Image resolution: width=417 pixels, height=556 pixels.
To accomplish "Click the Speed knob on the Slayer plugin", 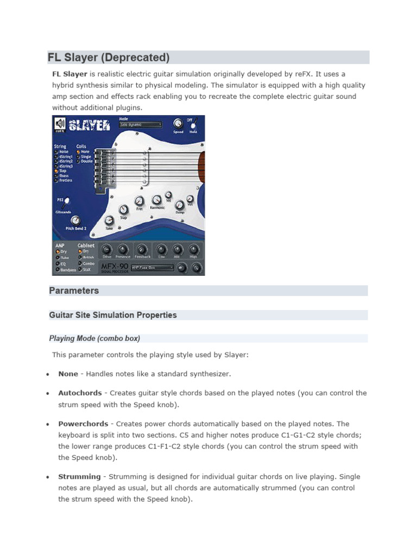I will tap(178, 123).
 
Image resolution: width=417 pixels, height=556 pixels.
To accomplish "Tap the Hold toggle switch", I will tap(192, 125).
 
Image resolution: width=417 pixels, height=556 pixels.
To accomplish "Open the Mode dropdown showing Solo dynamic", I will tap(141, 125).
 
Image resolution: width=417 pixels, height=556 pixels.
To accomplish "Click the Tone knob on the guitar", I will tap(109, 220).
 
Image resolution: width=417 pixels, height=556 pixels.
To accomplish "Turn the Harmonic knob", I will tap(156, 200).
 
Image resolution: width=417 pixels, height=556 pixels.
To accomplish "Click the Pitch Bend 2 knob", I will tap(75, 220).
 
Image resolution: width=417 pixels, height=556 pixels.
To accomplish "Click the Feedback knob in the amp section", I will tap(141, 249).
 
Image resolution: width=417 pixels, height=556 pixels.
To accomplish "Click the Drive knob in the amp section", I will tap(106, 249).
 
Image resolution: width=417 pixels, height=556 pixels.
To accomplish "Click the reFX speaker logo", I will tap(60, 124).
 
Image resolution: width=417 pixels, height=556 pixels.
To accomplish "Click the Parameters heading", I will tap(74, 290).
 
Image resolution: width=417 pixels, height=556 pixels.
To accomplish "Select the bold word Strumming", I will tap(79, 476).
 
